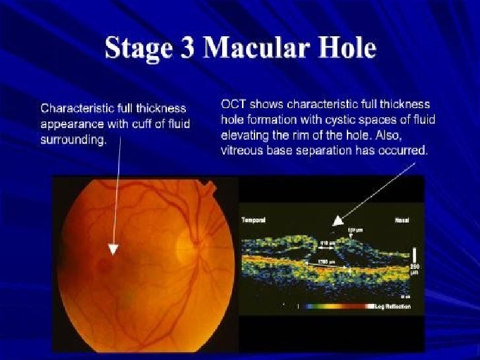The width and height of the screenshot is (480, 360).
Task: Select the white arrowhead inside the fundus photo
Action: pyautogui.click(x=113, y=249)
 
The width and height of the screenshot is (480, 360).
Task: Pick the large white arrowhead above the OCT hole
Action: pyautogui.click(x=338, y=222)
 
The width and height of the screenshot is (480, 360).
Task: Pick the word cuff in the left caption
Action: pyautogui.click(x=146, y=123)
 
